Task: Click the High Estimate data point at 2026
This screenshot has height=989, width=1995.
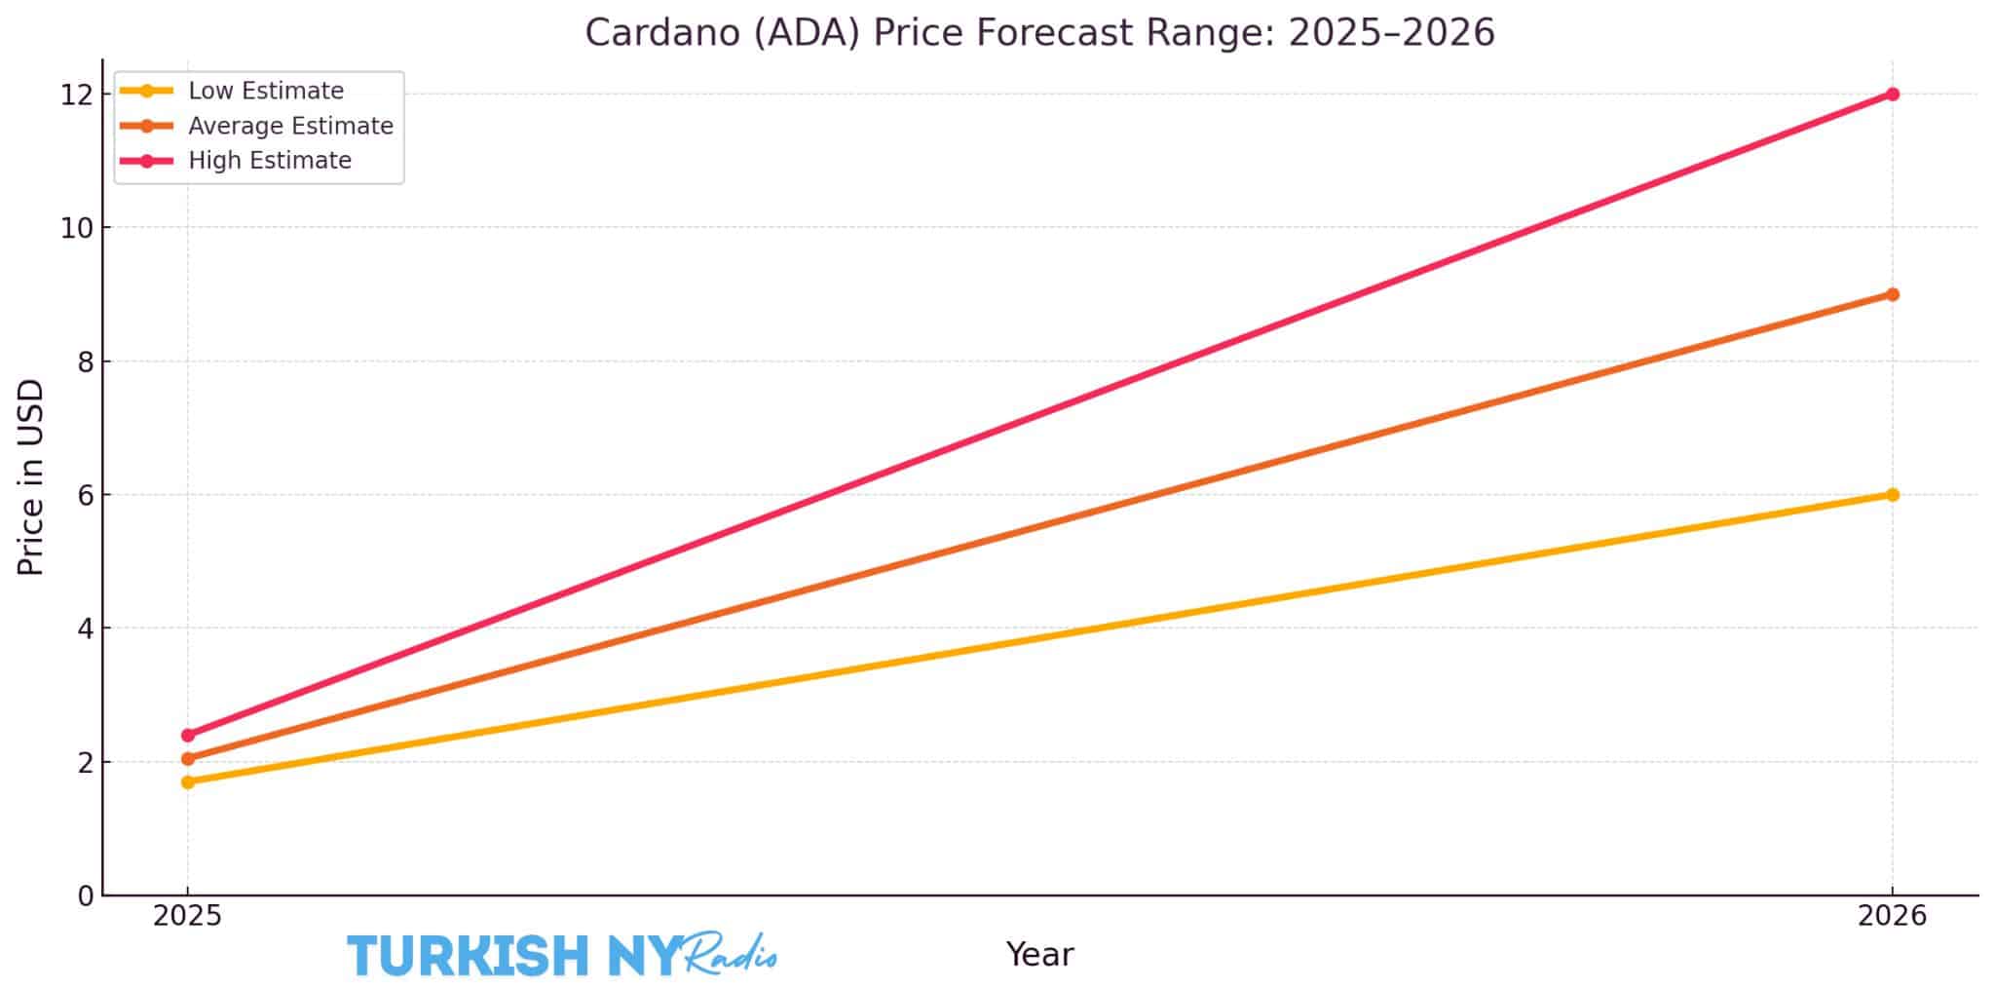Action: pos(1892,95)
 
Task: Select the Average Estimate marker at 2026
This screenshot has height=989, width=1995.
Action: pos(1892,294)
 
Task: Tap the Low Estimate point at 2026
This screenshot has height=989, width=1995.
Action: pos(1892,495)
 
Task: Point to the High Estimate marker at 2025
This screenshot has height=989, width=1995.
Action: pos(188,735)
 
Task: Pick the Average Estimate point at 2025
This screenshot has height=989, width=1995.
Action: pos(188,758)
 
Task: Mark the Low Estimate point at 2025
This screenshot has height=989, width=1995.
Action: pos(188,781)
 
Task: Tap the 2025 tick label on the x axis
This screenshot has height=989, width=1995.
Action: pos(188,917)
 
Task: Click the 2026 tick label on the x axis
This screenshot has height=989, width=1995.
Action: pos(1892,917)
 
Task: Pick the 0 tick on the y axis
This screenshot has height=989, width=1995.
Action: pos(87,894)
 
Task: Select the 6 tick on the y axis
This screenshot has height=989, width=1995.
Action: pos(87,495)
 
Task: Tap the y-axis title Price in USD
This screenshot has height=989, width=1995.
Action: pos(31,477)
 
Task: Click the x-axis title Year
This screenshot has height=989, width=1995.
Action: pos(1039,955)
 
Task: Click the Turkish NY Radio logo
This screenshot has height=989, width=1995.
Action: pos(562,955)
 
